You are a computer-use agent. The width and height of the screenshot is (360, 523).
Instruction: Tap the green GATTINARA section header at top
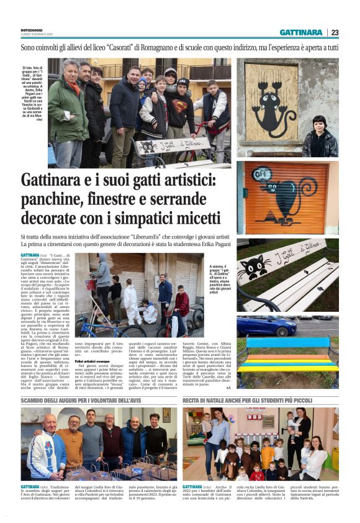click(x=300, y=32)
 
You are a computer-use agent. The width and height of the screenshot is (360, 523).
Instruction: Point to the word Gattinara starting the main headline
click(x=55, y=181)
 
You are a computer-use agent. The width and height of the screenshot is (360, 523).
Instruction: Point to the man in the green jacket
click(x=68, y=112)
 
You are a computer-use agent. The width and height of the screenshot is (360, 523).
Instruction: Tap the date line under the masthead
click(x=37, y=34)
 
